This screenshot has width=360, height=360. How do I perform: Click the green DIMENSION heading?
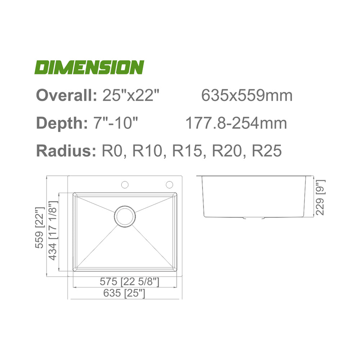click(x=89, y=67)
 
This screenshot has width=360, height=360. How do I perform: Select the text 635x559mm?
click(x=247, y=95)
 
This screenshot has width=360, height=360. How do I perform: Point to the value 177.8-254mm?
click(x=236, y=123)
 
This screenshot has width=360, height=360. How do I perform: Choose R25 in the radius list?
click(x=267, y=151)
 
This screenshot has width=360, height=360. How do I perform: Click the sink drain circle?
click(x=125, y=216)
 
